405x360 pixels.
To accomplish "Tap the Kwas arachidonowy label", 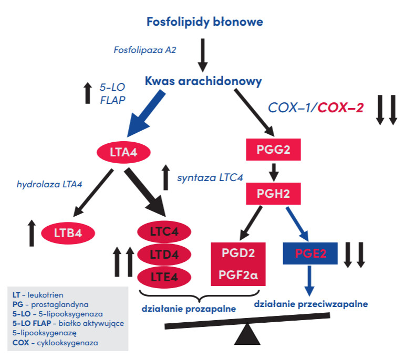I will (203, 82).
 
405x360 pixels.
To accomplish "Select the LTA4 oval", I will (123, 153).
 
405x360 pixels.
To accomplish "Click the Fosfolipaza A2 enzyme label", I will (144, 50).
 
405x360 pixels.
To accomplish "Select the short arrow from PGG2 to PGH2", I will (273, 172).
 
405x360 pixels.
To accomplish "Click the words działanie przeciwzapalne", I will (310, 303).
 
